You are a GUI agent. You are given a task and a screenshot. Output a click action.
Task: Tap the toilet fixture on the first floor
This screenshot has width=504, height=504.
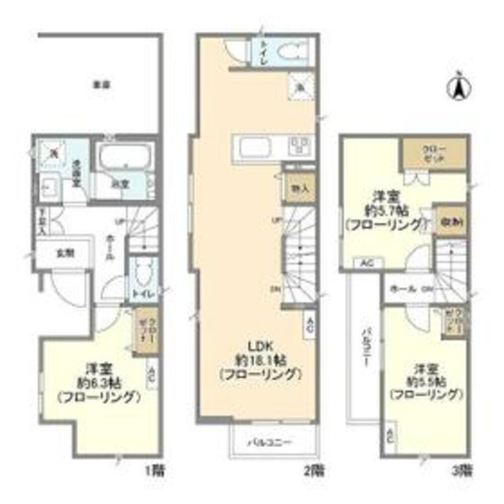(x=142, y=275)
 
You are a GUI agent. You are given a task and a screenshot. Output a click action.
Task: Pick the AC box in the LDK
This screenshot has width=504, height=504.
(x=310, y=325)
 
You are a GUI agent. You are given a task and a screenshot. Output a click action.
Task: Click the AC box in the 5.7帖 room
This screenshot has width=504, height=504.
(x=368, y=263)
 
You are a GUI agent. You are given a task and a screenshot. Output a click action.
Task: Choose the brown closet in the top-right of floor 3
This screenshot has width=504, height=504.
(x=433, y=154)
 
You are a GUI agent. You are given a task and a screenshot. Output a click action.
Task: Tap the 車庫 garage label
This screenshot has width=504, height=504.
(x=101, y=85)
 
